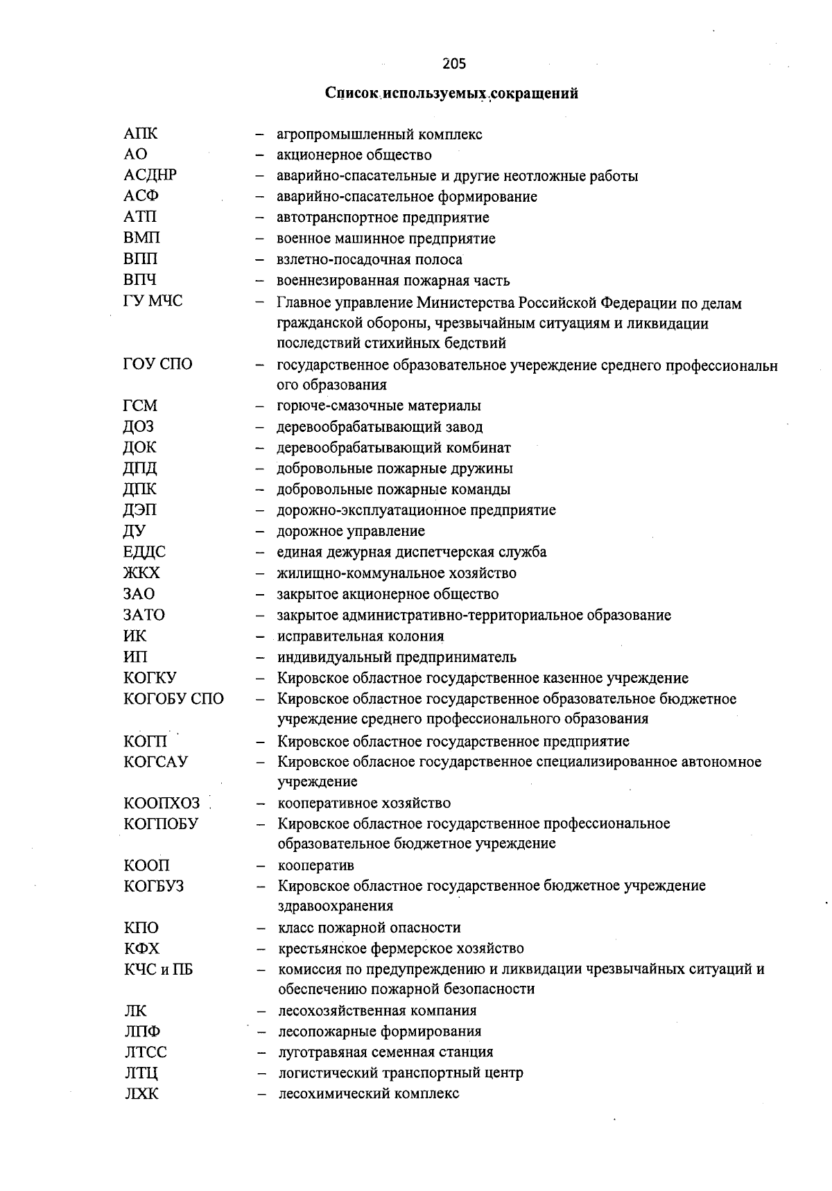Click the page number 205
click(454, 64)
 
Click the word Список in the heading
click(352, 94)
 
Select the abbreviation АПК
click(141, 134)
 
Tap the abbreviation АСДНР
click(150, 175)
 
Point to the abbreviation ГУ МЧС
click(153, 302)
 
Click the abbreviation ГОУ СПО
click(158, 364)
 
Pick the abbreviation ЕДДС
click(145, 552)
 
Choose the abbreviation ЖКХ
click(142, 573)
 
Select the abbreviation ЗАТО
click(145, 615)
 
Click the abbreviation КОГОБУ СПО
click(174, 699)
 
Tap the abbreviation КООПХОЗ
click(162, 803)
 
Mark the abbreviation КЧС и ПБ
click(159, 970)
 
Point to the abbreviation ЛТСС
click(146, 1052)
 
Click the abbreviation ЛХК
click(141, 1095)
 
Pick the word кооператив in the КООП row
click(315, 866)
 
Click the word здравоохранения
click(336, 906)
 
